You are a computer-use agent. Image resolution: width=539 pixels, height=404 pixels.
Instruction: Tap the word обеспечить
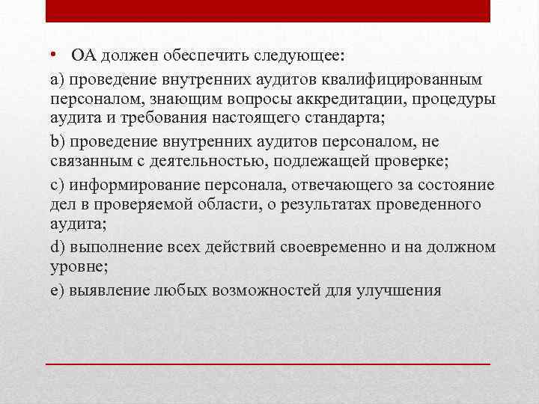tap(195, 58)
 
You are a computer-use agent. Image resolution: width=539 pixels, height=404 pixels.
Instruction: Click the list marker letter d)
tap(52, 247)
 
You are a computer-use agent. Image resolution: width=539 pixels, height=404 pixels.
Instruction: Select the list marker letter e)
tap(52, 289)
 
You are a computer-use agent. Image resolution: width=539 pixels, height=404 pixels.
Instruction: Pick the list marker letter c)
tap(52, 184)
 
